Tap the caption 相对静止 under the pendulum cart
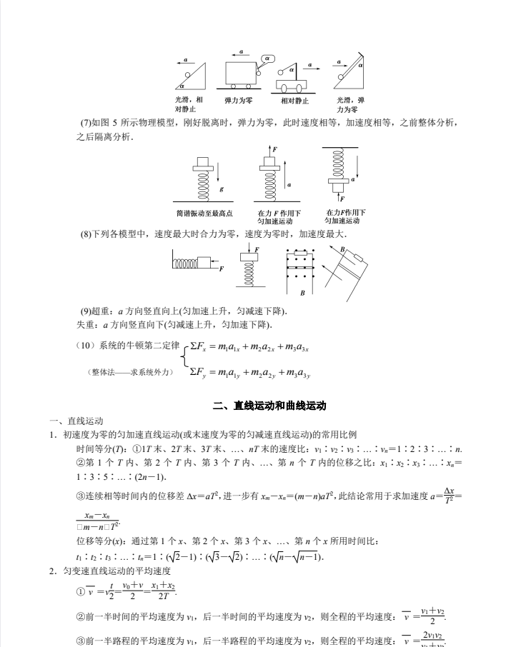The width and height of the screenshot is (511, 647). click(293, 101)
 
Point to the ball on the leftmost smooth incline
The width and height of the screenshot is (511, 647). click(187, 74)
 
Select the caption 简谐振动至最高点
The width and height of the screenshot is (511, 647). click(204, 213)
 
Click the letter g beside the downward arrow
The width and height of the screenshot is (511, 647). click(222, 189)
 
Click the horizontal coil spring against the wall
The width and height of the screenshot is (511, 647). click(187, 263)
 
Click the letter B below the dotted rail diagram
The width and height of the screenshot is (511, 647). click(302, 293)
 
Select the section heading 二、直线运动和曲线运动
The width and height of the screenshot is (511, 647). click(269, 406)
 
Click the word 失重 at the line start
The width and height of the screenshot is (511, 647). click(83, 325)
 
